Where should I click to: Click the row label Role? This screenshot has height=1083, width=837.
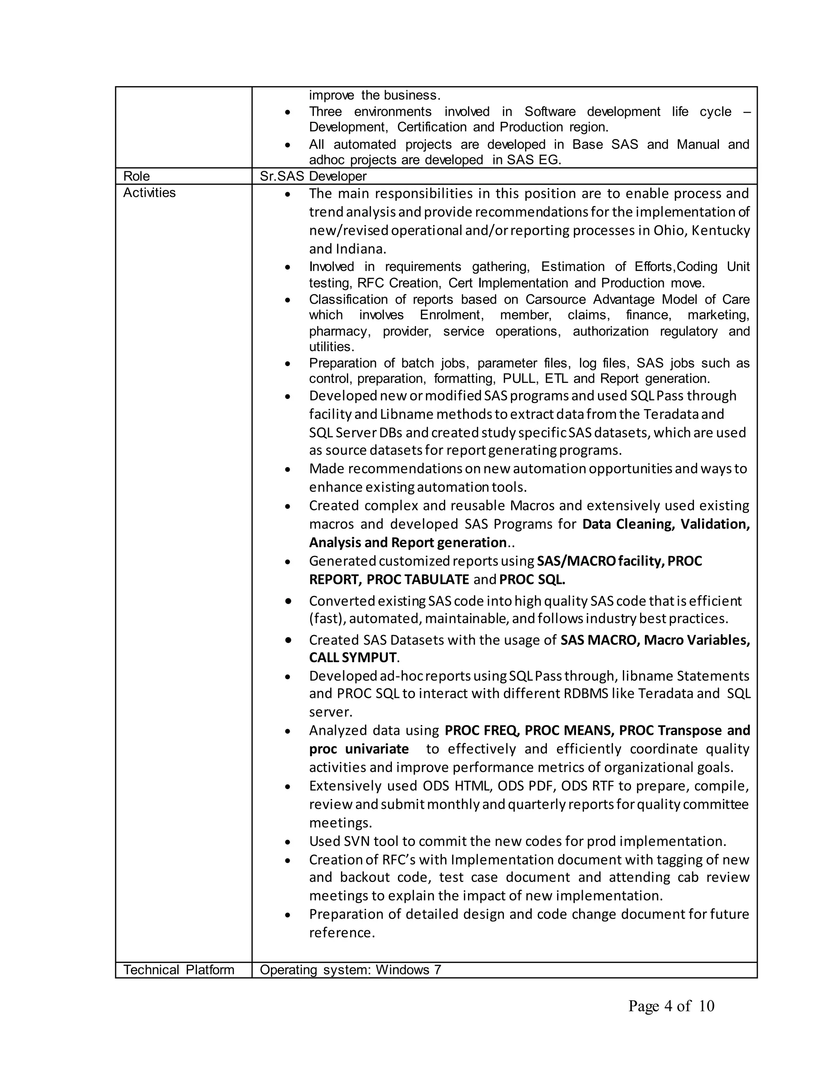[x=137, y=177]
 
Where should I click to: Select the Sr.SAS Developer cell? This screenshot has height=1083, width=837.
[x=313, y=177]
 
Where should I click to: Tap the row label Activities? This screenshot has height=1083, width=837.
[x=149, y=193]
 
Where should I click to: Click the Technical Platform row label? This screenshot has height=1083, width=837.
[x=179, y=969]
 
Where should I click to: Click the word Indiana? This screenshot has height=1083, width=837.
[x=361, y=249]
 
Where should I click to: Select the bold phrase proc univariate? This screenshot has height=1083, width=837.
[x=359, y=749]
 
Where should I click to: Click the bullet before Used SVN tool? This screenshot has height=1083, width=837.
[x=288, y=842]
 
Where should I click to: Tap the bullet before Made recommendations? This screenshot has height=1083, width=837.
[x=288, y=469]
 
